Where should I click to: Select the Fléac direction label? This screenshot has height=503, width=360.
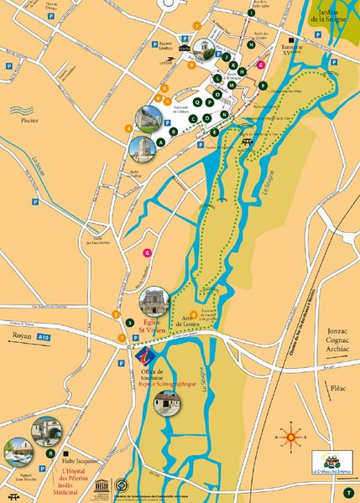click(338, 388)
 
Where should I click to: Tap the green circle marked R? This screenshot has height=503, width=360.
click(51, 453)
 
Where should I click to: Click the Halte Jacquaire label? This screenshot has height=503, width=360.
click(81, 461)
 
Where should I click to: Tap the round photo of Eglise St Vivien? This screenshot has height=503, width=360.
click(154, 299)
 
